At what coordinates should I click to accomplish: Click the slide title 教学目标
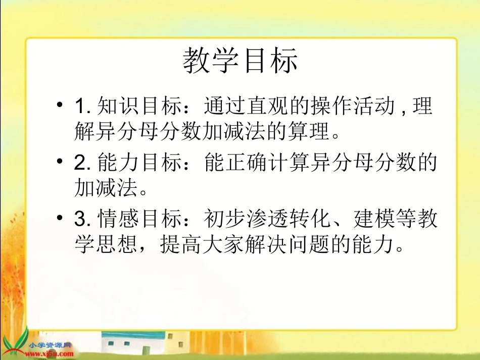click(240, 61)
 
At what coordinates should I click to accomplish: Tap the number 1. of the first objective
click(82, 107)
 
